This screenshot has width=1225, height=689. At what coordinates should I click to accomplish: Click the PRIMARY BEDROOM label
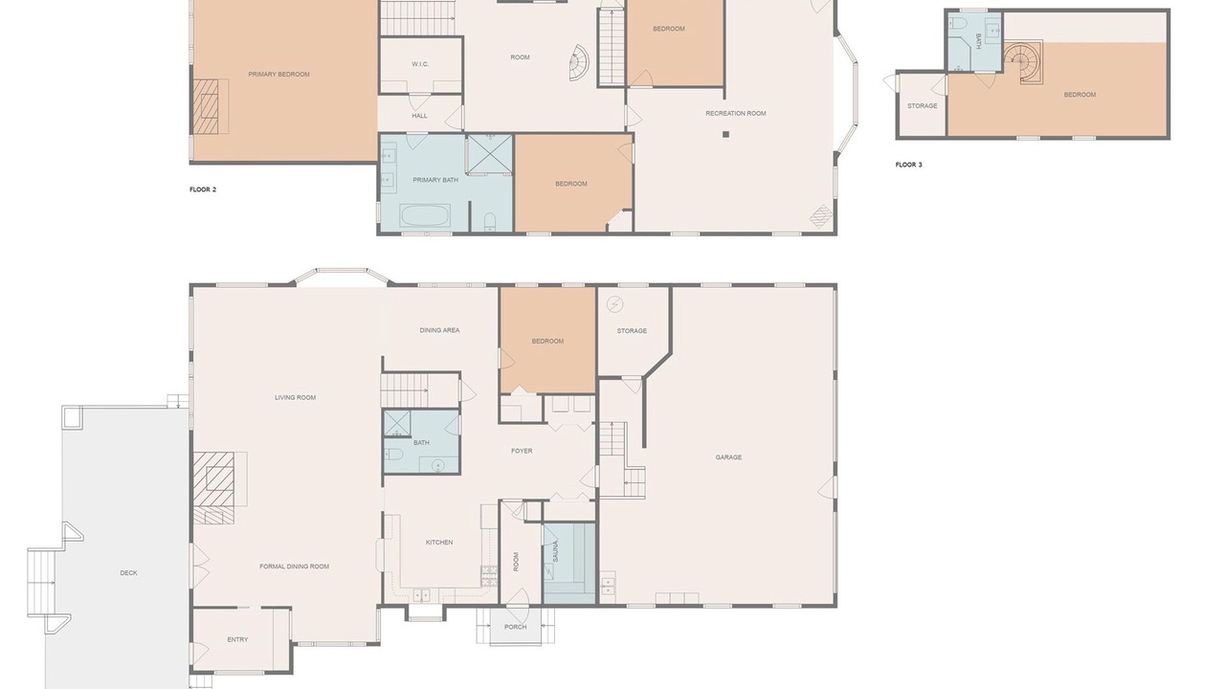click(278, 75)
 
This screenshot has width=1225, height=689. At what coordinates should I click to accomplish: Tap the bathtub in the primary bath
click(425, 216)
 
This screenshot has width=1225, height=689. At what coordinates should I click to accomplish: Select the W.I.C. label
click(420, 64)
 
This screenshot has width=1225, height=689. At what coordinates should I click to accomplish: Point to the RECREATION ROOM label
click(736, 114)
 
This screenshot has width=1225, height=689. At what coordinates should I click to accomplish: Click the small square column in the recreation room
click(725, 134)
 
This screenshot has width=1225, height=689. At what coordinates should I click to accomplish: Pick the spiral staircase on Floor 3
click(1023, 63)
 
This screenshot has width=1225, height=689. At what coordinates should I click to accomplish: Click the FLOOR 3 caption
click(909, 165)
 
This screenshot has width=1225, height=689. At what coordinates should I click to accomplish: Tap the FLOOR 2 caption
click(203, 189)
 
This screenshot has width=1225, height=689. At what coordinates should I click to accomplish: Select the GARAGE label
click(728, 457)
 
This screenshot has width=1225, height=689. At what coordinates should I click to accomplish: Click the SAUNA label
click(556, 551)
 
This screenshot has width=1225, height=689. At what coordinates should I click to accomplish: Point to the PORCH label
click(515, 627)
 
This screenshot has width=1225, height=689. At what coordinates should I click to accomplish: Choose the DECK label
click(128, 573)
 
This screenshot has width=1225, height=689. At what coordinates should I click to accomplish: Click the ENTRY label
click(237, 640)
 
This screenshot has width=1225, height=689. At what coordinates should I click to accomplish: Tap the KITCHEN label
click(439, 543)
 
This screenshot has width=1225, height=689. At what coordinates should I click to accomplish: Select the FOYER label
click(522, 451)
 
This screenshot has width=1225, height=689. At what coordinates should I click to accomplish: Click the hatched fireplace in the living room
click(214, 487)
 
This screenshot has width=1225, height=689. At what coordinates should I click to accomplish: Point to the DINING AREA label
click(439, 330)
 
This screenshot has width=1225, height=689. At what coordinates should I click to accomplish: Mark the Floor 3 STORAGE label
click(922, 106)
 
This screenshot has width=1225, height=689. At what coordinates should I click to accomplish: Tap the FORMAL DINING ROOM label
click(294, 567)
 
